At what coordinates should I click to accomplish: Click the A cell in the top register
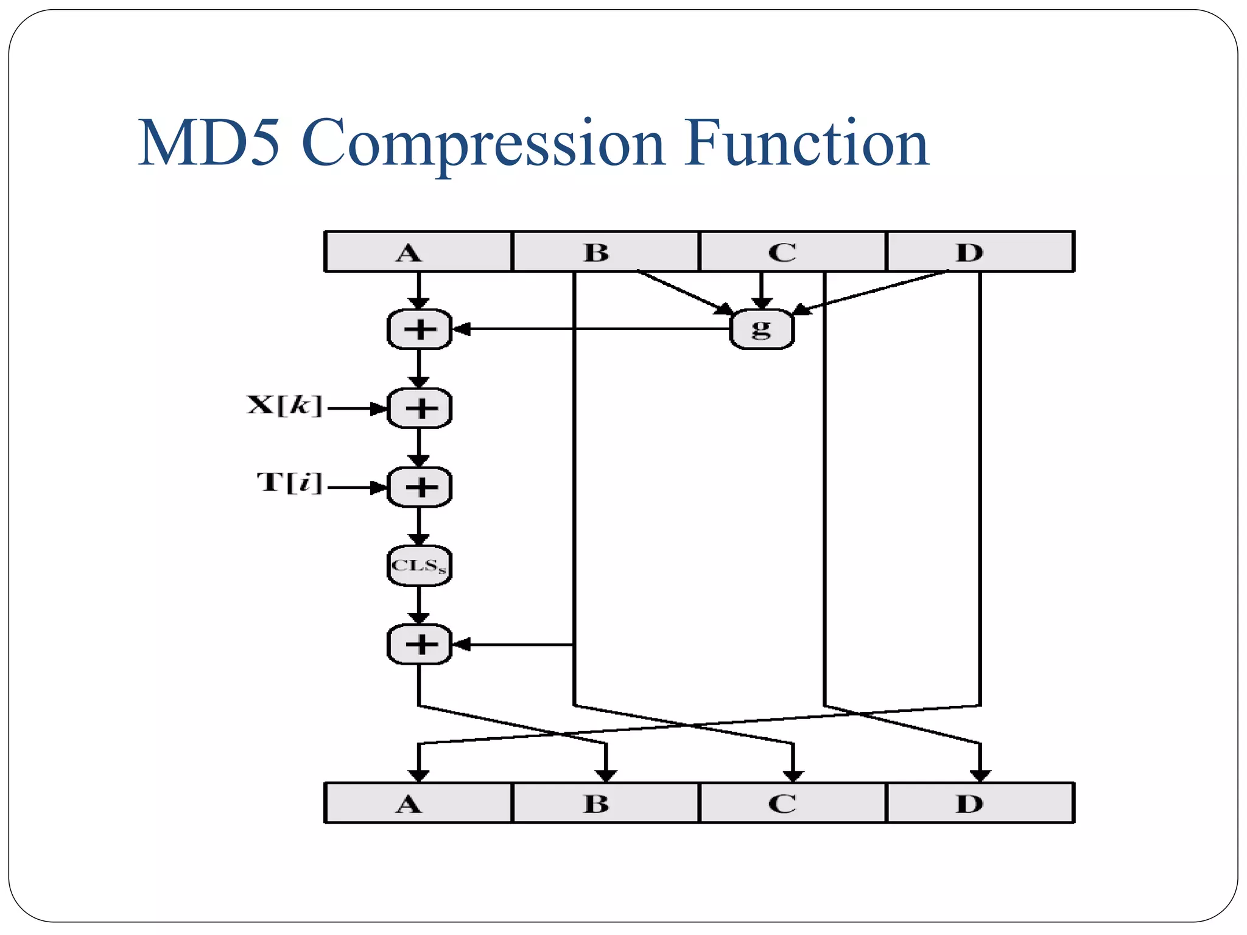(418, 251)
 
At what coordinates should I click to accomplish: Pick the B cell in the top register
(605, 251)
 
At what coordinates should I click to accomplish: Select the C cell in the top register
(792, 251)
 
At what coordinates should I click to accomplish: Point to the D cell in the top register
(979, 251)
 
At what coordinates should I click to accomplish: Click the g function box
(761, 329)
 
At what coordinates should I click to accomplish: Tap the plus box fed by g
(420, 329)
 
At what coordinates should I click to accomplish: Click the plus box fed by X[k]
(420, 408)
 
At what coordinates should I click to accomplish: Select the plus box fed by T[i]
(420, 487)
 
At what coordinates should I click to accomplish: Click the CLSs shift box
(420, 566)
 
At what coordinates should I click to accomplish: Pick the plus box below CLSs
(420, 644)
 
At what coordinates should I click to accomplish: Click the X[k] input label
(284, 405)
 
